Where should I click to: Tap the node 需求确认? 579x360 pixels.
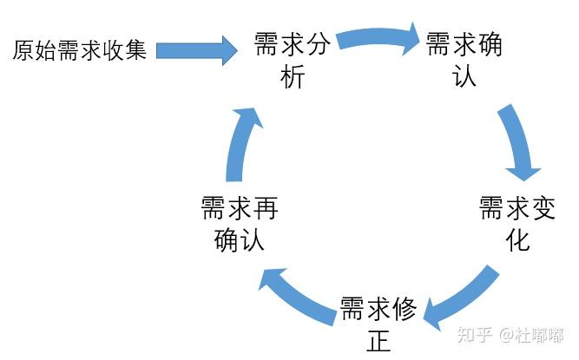464,59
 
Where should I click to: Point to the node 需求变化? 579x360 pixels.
517,224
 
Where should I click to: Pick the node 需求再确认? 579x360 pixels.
239,224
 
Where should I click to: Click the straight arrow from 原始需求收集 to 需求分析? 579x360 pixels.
196,50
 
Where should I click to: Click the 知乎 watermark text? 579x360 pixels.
474,335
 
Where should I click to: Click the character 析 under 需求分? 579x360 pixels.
293,77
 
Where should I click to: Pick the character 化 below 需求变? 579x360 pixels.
517,240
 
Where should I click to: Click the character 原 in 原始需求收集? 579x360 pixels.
23,50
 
